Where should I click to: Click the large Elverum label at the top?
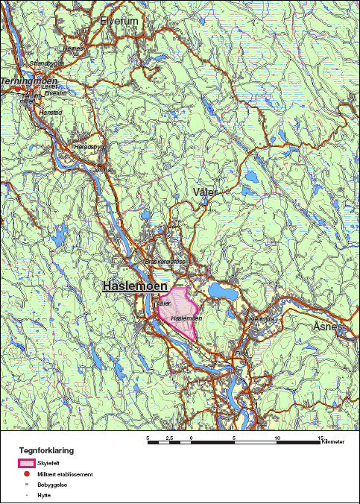pyautogui.click(x=119, y=22)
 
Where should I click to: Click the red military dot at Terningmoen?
pyautogui.click(x=17, y=89)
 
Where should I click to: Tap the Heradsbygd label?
pyautogui.click(x=87, y=147)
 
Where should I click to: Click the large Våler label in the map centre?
pyautogui.click(x=204, y=192)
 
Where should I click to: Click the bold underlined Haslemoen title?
pyautogui.click(x=132, y=287)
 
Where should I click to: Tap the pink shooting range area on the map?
pyautogui.click(x=179, y=309)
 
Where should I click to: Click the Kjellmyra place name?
pyautogui.click(x=261, y=318)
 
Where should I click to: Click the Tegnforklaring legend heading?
pyautogui.click(x=46, y=451)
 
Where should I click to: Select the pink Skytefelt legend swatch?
pyautogui.click(x=27, y=463)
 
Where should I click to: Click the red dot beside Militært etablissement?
pyautogui.click(x=26, y=473)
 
